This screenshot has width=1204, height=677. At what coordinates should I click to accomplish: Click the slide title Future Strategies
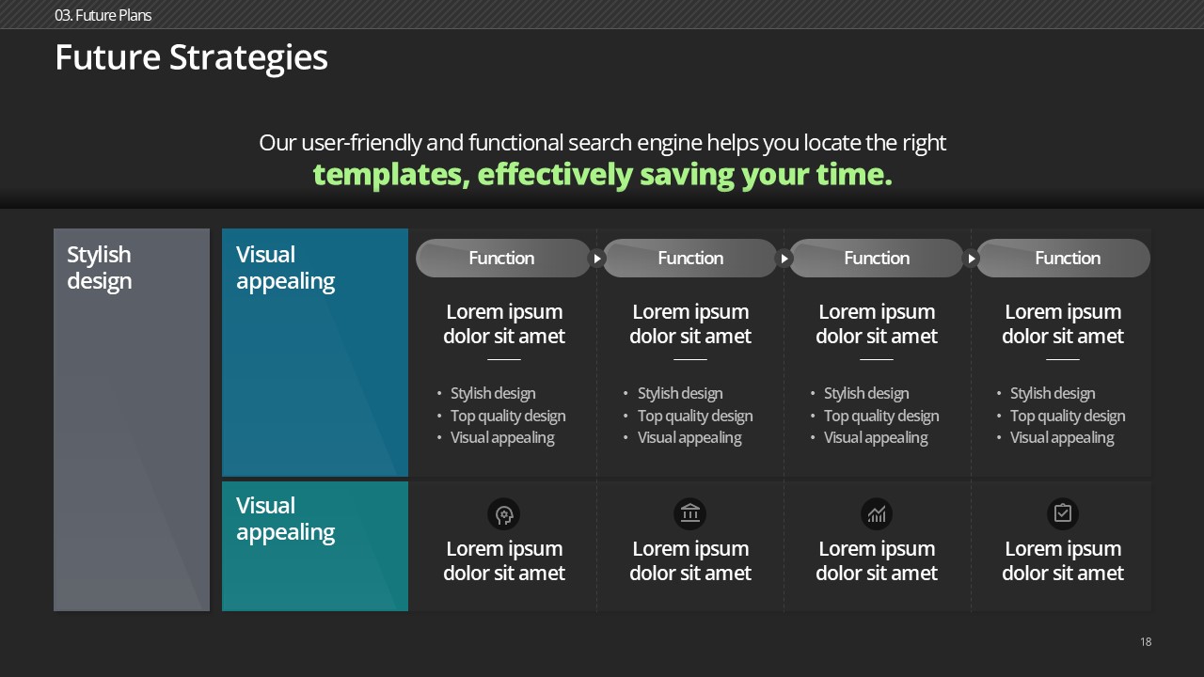tap(191, 58)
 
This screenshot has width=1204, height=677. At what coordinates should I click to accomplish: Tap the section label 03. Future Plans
tap(103, 15)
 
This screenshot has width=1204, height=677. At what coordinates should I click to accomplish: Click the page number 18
tap(1146, 641)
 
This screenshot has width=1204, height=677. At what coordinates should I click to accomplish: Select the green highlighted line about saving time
tap(602, 175)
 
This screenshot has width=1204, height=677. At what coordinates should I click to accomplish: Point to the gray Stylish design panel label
tap(100, 268)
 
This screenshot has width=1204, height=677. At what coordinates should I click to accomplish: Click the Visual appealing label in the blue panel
tap(285, 268)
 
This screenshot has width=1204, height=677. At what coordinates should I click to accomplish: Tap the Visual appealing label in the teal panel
tap(285, 518)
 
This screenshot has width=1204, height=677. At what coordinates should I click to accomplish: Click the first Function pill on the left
tap(503, 258)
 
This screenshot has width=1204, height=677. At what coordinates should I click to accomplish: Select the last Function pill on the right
tap(1064, 258)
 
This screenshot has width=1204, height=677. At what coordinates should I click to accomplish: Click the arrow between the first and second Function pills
tap(596, 259)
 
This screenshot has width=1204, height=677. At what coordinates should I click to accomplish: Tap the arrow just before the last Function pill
tap(972, 259)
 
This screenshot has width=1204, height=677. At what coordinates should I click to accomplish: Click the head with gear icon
tap(503, 514)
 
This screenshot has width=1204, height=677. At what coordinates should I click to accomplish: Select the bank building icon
tap(690, 513)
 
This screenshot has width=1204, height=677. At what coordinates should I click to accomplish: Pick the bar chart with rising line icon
tap(877, 513)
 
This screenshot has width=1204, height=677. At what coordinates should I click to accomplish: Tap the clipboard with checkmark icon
tap(1063, 513)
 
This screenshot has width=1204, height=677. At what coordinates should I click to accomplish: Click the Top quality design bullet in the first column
tap(508, 416)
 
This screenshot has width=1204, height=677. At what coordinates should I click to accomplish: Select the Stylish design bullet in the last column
tap(1053, 393)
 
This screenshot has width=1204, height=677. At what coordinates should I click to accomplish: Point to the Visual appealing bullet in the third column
tap(876, 438)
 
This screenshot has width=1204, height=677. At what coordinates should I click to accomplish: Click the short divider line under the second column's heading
tap(690, 359)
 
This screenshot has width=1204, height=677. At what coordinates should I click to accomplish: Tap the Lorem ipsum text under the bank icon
tap(690, 561)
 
